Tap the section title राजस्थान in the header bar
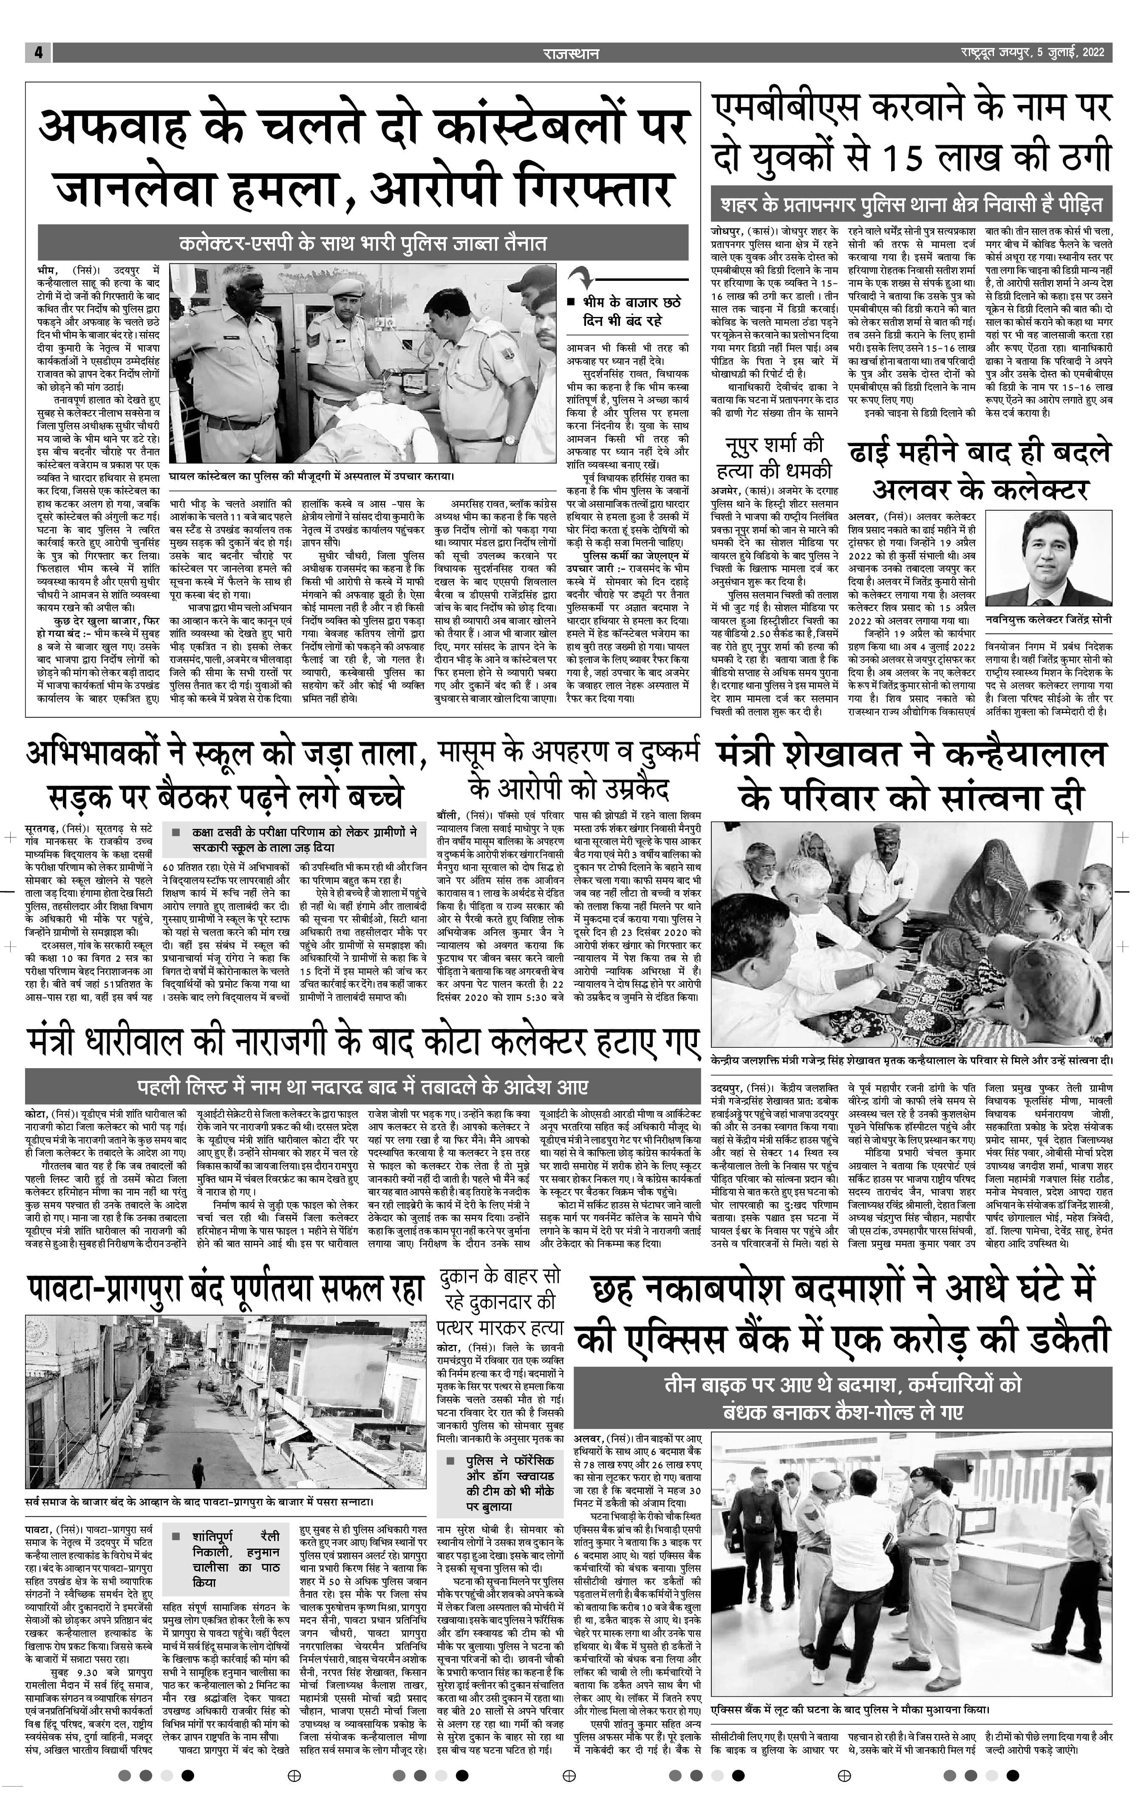pos(571,53)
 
